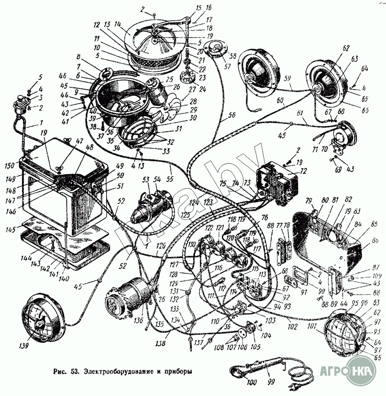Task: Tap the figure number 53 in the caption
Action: [74, 372]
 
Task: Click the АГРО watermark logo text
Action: [333, 372]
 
